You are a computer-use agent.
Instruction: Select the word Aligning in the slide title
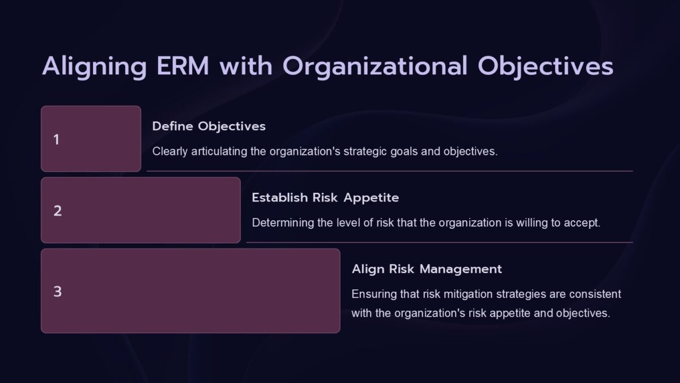coord(94,66)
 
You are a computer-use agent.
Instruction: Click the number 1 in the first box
coord(56,140)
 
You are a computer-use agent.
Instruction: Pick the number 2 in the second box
coord(57,211)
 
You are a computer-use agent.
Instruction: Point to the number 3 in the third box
coord(57,292)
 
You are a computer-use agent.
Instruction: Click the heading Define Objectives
coord(209,126)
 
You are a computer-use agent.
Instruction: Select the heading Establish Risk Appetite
coord(325,197)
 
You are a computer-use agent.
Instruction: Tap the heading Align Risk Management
coord(427,268)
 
